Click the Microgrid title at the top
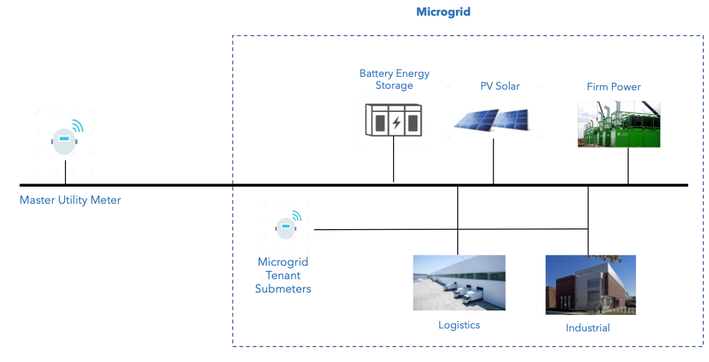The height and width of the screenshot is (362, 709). (x=443, y=12)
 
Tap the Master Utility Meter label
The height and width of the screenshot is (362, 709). (x=70, y=200)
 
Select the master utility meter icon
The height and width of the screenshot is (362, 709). (x=64, y=140)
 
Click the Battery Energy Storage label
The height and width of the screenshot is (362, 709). (x=394, y=79)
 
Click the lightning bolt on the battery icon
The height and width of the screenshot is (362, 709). (x=397, y=122)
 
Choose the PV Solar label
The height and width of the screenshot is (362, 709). (x=499, y=86)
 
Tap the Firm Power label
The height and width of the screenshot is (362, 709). (x=613, y=87)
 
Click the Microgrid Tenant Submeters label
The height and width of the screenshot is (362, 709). (x=283, y=275)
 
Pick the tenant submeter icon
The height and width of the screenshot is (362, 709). (x=286, y=227)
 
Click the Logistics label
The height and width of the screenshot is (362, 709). (x=459, y=325)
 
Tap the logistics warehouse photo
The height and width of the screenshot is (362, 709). (x=459, y=283)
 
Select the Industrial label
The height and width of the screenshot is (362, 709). (x=587, y=328)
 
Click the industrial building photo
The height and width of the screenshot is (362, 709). (x=590, y=285)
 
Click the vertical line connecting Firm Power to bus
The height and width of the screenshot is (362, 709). (x=628, y=165)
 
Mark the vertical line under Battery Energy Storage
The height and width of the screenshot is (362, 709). (x=393, y=160)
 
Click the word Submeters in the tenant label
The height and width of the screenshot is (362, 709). (x=283, y=289)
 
